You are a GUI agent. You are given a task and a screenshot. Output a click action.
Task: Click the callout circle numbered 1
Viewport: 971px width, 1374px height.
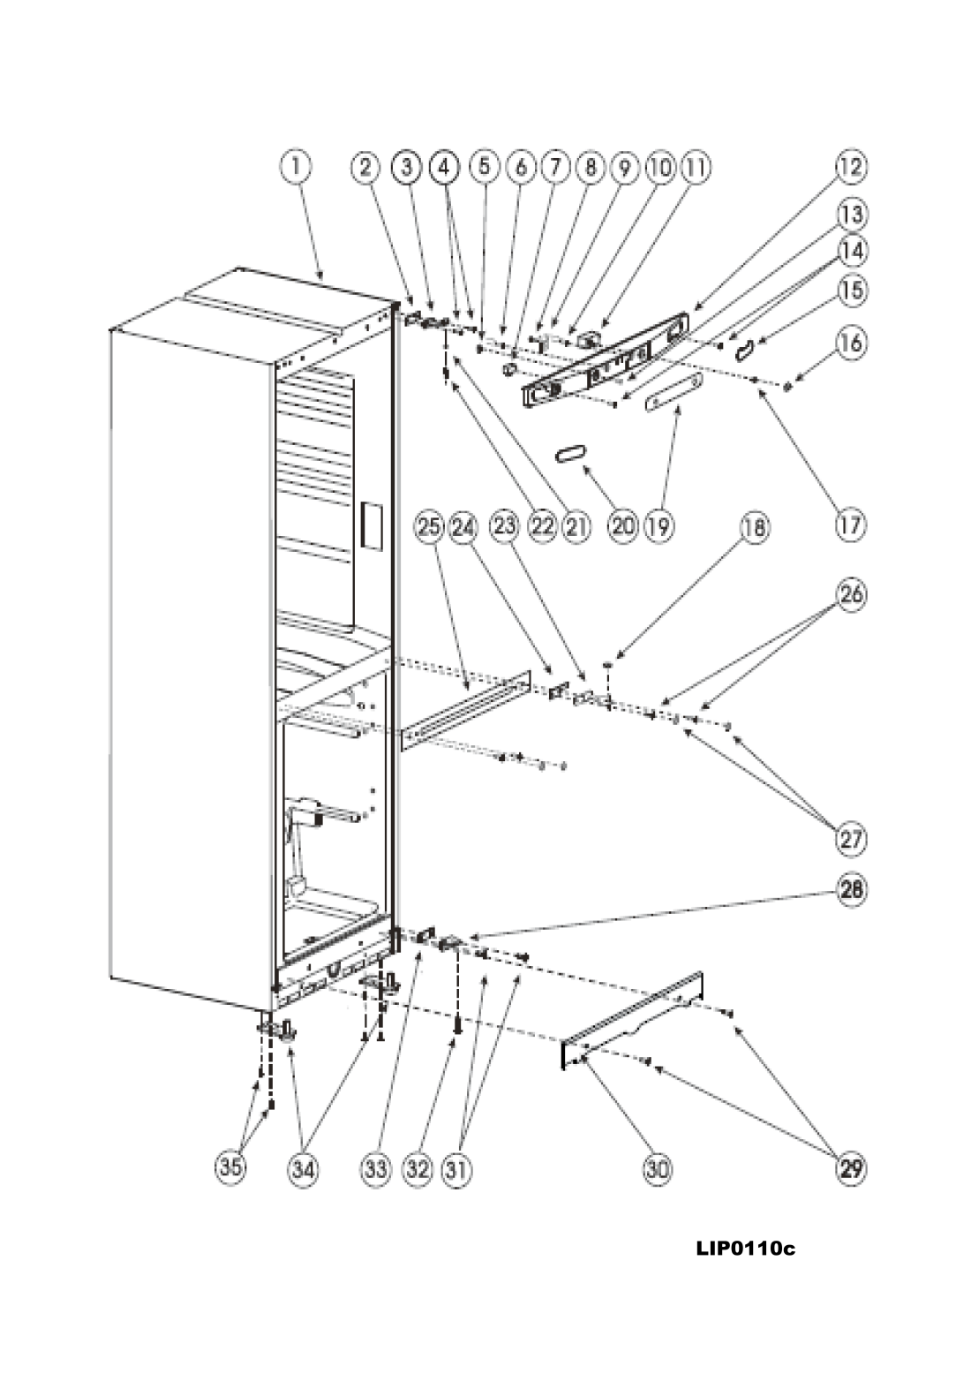297,166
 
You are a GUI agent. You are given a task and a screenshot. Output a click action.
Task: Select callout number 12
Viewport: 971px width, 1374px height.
852,166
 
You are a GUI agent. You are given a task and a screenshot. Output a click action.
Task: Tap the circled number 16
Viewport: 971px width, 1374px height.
852,341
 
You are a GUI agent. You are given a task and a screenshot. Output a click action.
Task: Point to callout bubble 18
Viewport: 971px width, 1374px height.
756,528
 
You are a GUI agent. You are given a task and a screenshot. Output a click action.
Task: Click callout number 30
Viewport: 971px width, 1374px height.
658,1170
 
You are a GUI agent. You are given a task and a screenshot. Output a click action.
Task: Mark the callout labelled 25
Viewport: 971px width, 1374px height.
427,528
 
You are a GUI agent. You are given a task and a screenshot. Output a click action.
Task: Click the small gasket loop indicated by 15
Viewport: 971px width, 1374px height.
748,350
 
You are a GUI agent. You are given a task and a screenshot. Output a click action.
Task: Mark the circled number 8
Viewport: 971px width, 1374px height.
590,166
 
